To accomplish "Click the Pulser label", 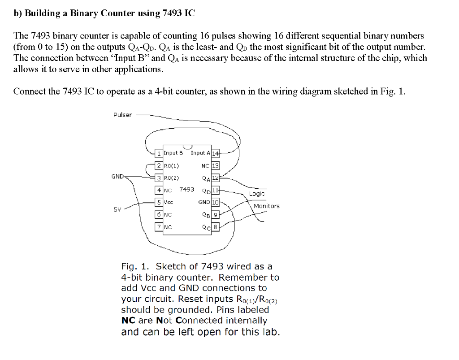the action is pos(122,115).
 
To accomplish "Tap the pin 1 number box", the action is pos(159,153).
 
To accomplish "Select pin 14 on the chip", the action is pos(215,154).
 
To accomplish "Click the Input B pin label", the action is pos(173,153).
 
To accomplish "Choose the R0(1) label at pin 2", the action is pos(172,165).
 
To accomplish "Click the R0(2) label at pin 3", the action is pos(172,178).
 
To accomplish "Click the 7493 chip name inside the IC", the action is pos(186,189).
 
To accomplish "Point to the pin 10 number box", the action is pos(215,203).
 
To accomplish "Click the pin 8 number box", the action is pos(215,227).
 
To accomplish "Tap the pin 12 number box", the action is pos(215,178).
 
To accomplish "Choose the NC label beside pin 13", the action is pos(205,165).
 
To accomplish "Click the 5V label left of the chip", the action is pos(117,208).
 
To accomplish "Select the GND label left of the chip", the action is pos(117,176).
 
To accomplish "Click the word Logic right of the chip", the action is pos(257,194).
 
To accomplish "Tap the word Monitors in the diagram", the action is pos(266,206).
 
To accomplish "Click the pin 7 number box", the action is pos(159,227).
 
